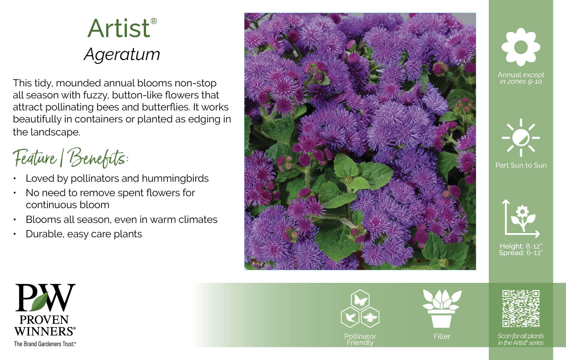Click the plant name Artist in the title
point(119,28)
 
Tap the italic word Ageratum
point(122,54)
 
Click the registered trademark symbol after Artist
point(154,21)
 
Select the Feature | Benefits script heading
point(71,158)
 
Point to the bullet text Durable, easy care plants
point(84,234)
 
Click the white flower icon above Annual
point(521,47)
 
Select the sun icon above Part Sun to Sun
point(521,138)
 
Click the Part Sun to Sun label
point(521,165)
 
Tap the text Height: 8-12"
point(521,246)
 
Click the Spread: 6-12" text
point(521,253)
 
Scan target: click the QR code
point(521,309)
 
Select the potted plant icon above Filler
point(442,309)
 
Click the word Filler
point(442,336)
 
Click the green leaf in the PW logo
point(40,301)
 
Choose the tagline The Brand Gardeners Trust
point(45,344)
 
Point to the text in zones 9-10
point(521,81)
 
